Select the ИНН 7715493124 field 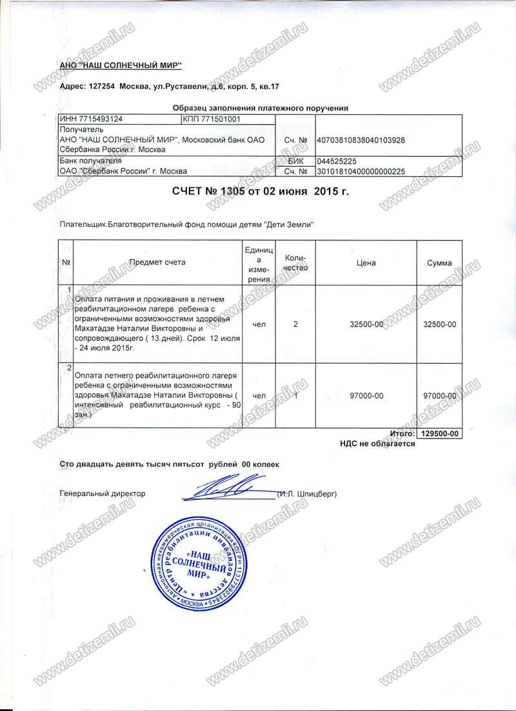[91, 119]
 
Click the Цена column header [366, 262]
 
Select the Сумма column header [439, 262]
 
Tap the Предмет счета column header [157, 262]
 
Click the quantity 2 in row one [295, 324]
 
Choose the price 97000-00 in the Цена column [366, 395]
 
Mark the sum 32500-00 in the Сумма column [439, 324]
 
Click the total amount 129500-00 [439, 434]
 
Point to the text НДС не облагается [377, 444]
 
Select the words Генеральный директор [102, 494]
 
